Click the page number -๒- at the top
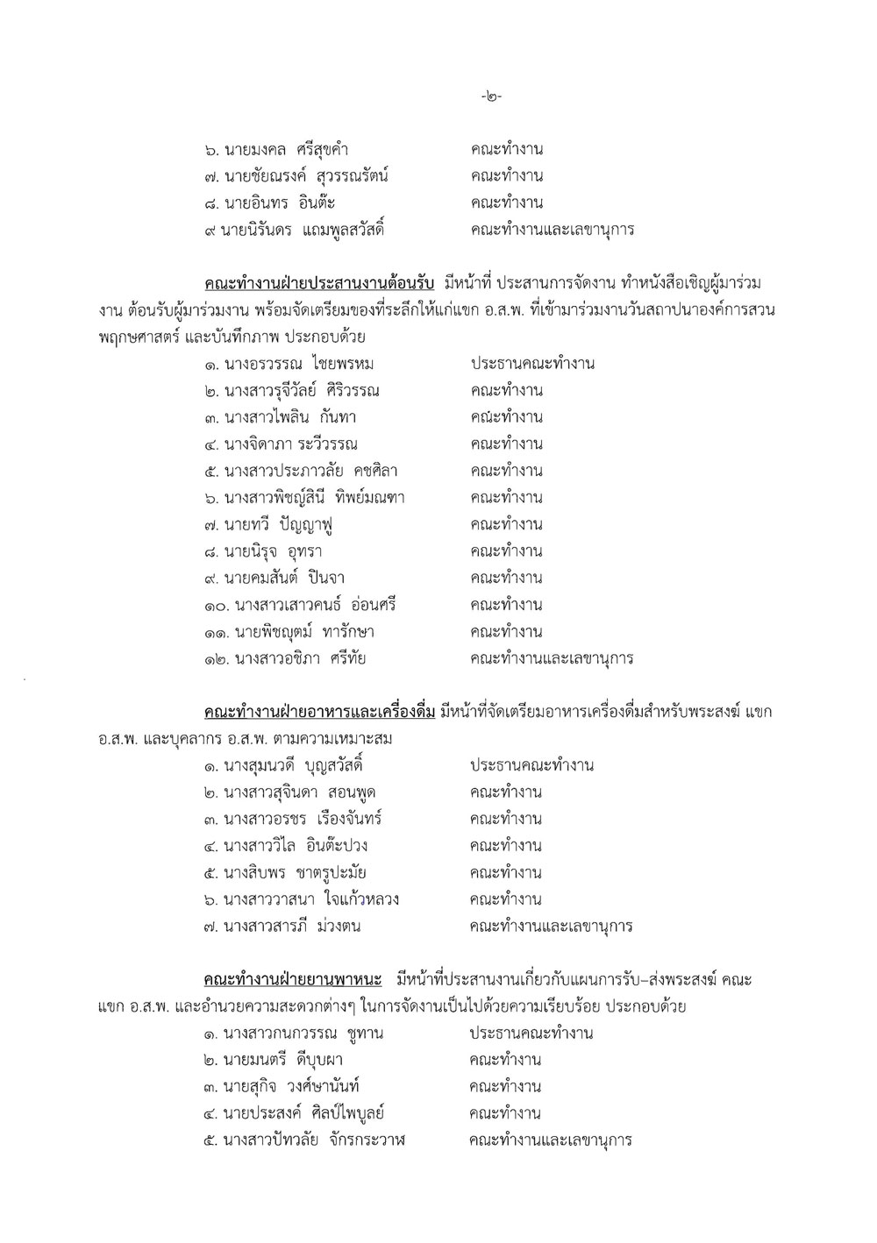pyautogui.click(x=491, y=96)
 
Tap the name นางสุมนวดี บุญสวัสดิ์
pyautogui.click(x=295, y=765)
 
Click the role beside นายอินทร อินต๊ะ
pyautogui.click(x=506, y=203)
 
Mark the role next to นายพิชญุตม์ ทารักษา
pyautogui.click(x=506, y=632)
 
